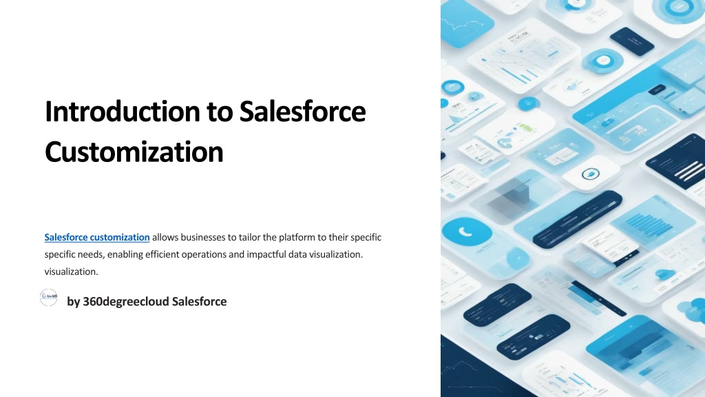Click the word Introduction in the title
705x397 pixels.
tap(123, 111)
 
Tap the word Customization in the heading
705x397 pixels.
tap(134, 152)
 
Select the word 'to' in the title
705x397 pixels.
tap(220, 112)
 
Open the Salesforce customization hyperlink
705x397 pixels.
tap(97, 237)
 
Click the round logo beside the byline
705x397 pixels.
tap(49, 298)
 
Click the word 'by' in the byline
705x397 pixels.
tap(73, 302)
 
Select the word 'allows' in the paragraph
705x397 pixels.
tap(165, 237)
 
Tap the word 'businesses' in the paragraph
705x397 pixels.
tap(204, 237)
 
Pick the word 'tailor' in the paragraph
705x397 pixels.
tap(249, 237)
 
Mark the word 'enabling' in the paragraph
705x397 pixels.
tap(125, 255)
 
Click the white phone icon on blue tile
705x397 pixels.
tap(465, 232)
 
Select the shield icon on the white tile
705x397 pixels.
tap(590, 174)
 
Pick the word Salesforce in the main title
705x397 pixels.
tap(303, 111)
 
